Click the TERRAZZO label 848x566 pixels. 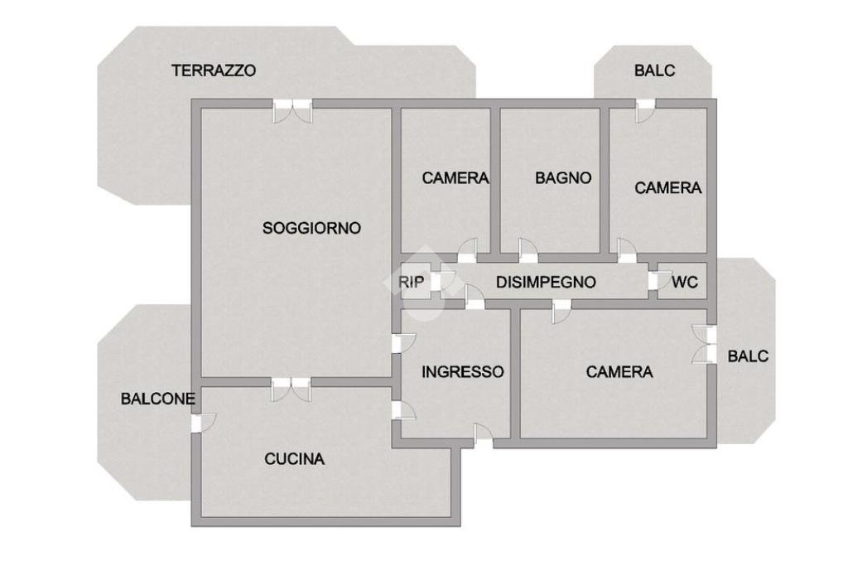coord(214,70)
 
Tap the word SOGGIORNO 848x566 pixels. coord(311,228)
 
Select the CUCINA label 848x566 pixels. coord(294,459)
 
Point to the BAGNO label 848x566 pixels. coord(563,177)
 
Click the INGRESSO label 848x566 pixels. coord(462,372)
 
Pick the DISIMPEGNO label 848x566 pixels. coord(546,282)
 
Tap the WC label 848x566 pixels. coord(685,282)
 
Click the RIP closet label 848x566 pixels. coord(411,282)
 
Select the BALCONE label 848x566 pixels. coord(157,399)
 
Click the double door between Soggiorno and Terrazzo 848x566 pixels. coord(292,111)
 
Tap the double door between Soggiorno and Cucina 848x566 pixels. coord(291,389)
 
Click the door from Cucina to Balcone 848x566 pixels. coord(204,423)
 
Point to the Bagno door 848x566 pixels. coord(528,251)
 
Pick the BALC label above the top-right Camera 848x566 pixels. coord(654,70)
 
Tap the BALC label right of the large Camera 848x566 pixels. coord(748,356)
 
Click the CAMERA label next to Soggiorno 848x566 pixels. coord(455,177)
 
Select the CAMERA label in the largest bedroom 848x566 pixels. coord(619,372)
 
